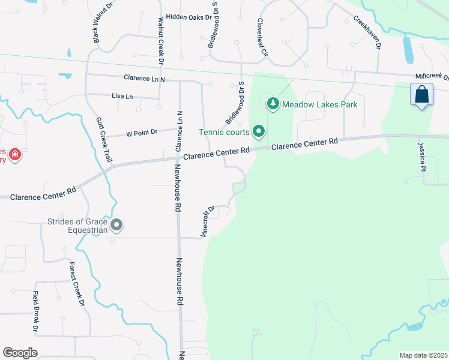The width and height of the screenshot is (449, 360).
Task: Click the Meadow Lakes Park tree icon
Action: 273,104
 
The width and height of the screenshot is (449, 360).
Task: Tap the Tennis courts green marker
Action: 259,130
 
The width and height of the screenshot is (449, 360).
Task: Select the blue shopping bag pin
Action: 422,95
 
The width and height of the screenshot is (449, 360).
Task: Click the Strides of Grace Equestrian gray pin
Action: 117,225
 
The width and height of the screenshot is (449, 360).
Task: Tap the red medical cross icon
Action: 15,155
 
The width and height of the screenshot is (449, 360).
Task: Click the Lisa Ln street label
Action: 122,95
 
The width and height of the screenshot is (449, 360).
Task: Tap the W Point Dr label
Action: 141,132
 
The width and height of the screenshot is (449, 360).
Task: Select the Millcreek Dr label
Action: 432,77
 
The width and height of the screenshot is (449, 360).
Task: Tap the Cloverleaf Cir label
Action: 261,37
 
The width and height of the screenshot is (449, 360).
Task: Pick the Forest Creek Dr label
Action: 76,284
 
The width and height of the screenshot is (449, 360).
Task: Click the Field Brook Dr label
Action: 35,311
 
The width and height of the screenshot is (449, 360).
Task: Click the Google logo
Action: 20,352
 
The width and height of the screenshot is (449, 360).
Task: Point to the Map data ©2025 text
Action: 423,355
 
